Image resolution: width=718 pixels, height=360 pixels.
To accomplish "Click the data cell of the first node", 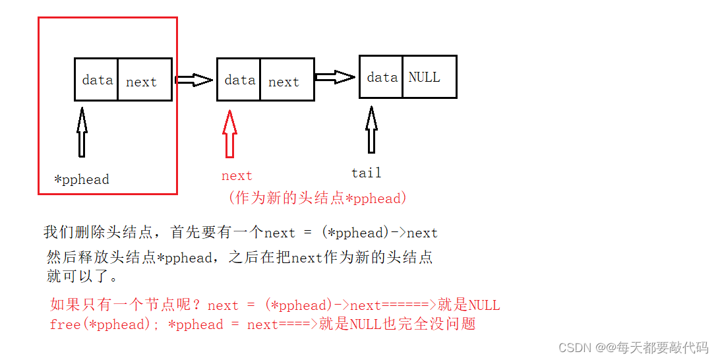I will (x=97, y=80).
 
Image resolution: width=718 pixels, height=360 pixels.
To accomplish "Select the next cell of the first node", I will (x=144, y=80).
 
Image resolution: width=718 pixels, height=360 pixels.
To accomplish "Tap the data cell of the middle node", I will (x=239, y=80).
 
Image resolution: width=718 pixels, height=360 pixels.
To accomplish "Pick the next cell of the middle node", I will (x=286, y=80).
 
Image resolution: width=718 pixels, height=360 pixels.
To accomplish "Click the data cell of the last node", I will (x=382, y=77).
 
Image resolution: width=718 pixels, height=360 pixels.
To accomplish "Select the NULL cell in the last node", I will (x=428, y=77).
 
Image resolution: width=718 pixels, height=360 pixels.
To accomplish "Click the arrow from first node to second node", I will (x=194, y=80).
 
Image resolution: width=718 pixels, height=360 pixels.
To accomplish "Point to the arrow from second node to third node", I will (x=336, y=77).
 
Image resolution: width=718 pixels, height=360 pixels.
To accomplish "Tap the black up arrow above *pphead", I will (x=82, y=132).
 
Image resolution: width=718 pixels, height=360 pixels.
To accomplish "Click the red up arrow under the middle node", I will (x=229, y=133).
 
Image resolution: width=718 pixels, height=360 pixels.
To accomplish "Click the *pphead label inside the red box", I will (x=82, y=179).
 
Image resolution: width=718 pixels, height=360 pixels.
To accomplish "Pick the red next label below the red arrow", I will (x=237, y=176).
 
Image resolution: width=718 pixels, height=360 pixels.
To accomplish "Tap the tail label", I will (x=366, y=173).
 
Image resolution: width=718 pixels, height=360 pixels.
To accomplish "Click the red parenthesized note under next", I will (x=317, y=198).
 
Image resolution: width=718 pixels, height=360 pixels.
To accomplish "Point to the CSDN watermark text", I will (x=633, y=347).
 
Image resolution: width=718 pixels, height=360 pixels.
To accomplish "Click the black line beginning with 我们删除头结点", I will (x=240, y=232).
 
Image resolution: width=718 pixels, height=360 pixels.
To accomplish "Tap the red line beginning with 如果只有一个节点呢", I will (x=274, y=305).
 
